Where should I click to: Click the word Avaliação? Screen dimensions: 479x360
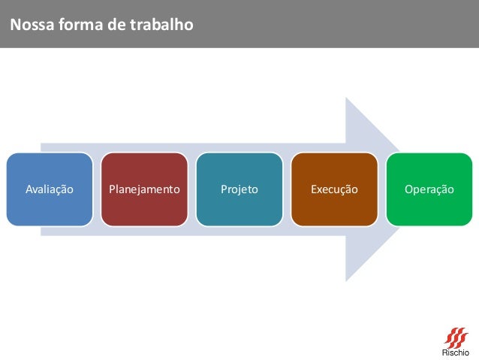50,189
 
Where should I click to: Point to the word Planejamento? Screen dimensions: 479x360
144,189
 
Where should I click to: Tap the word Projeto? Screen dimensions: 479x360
239,189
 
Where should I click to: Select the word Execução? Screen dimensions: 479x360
334,189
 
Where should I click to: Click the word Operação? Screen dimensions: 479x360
429,189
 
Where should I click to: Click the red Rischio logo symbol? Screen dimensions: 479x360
455,336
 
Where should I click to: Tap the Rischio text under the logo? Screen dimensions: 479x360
455,352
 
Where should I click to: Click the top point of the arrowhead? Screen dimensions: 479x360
347,98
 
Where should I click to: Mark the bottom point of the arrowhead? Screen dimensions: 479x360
347,280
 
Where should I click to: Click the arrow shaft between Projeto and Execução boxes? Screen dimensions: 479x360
287,189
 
